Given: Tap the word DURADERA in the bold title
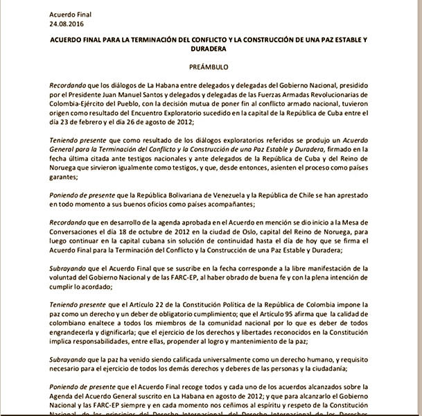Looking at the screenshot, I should click(x=211, y=49).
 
